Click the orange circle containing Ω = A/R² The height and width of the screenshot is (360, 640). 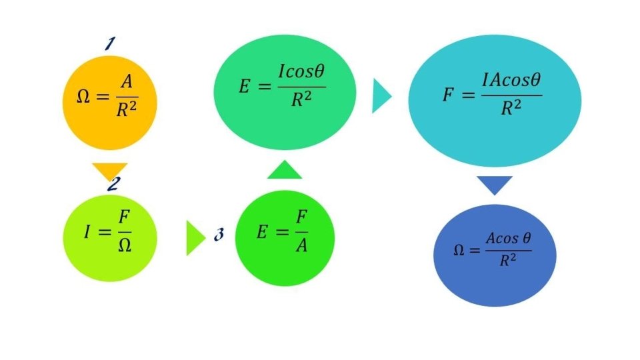tap(110, 103)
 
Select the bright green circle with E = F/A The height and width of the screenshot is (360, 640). tap(285, 238)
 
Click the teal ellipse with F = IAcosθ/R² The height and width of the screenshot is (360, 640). tap(493, 100)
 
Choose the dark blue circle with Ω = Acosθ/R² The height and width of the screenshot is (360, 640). tap(495, 255)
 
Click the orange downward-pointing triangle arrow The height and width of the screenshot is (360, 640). tap(109, 171)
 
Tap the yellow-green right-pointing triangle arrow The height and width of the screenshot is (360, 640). tap(193, 237)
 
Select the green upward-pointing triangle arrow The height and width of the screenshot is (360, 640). tap(285, 171)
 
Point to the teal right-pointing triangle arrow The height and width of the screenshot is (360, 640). tap(380, 96)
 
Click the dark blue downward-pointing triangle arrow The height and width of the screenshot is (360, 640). tap(495, 184)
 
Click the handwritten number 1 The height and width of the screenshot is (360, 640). tap(110, 45)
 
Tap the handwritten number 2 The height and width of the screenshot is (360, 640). tap(112, 184)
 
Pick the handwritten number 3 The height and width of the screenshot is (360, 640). tap(219, 235)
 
